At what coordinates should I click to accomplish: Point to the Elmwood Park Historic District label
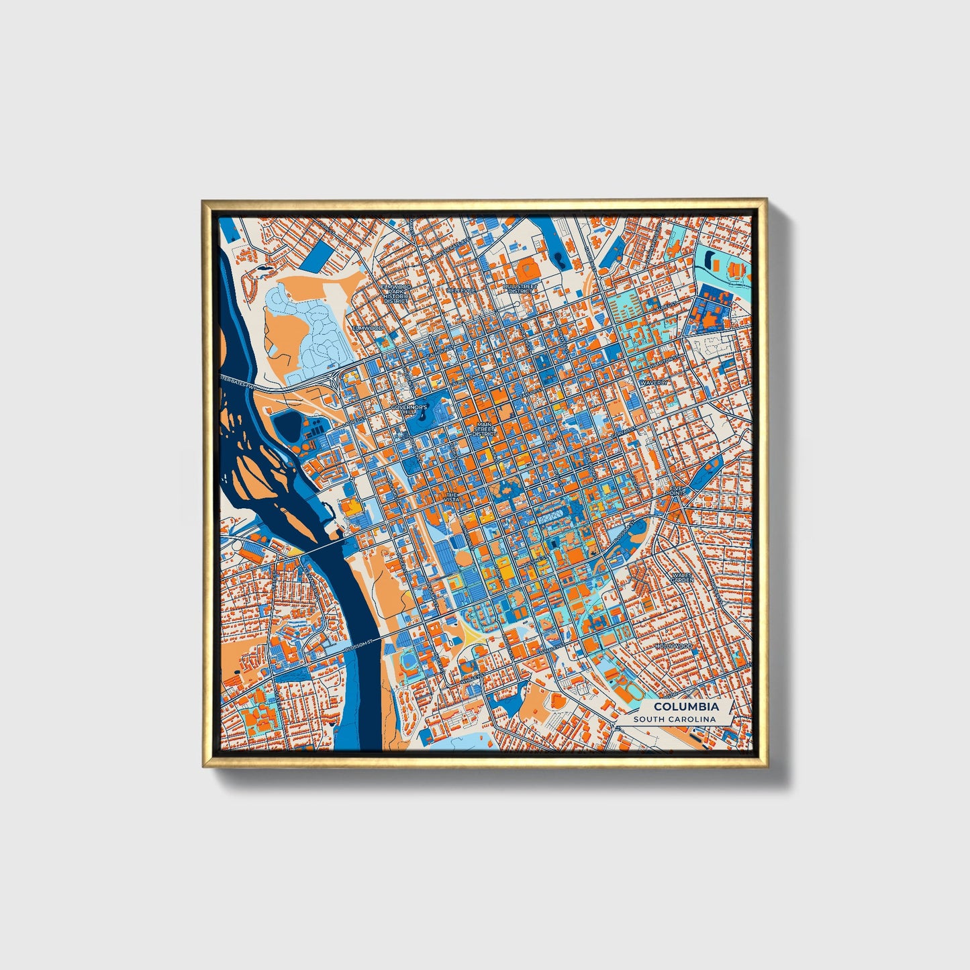click(x=395, y=293)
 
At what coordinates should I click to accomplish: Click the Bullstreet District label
click(x=522, y=289)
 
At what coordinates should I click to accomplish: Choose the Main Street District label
click(x=484, y=430)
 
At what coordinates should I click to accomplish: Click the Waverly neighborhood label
click(x=654, y=382)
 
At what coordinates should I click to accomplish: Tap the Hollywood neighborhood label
click(x=673, y=646)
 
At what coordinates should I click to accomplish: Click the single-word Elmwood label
click(x=369, y=328)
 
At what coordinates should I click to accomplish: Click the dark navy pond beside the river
click(x=289, y=426)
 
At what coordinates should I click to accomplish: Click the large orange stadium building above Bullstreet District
click(x=526, y=270)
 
